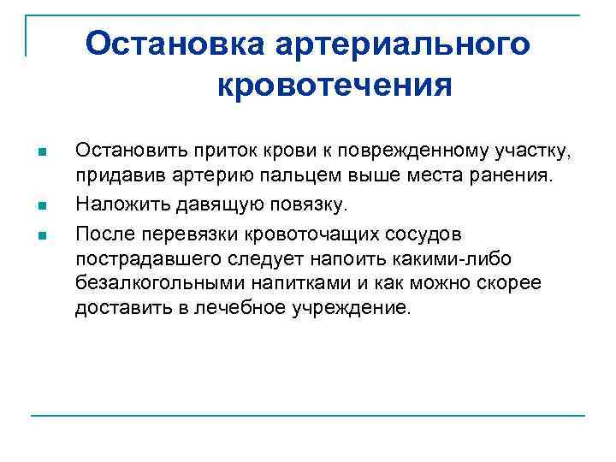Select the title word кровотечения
(334, 85)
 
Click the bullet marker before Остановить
(42, 153)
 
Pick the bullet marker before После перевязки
(42, 233)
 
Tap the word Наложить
(114, 204)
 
